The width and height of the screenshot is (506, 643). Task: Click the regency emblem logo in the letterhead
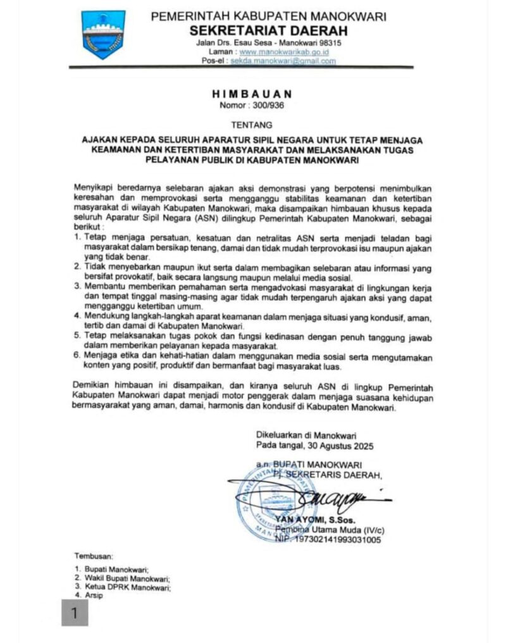pyautogui.click(x=104, y=35)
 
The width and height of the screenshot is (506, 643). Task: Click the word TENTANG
pyautogui.click(x=253, y=125)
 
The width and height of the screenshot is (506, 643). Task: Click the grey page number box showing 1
pyautogui.click(x=75, y=613)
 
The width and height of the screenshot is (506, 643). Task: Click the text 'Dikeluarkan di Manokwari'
pyautogui.click(x=306, y=435)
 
